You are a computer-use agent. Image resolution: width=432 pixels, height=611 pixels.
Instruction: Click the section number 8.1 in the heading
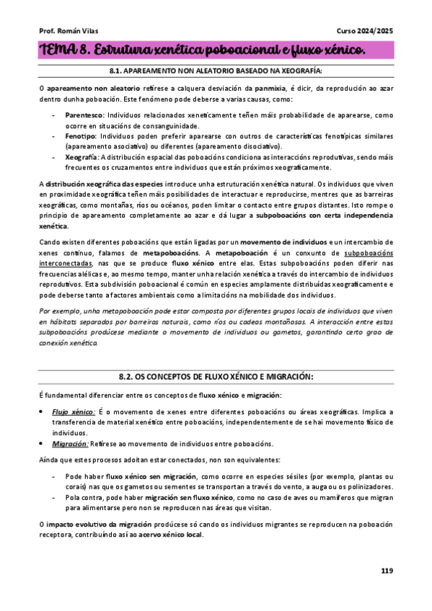[x=115, y=71]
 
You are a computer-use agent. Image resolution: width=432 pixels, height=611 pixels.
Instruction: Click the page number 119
[x=387, y=571]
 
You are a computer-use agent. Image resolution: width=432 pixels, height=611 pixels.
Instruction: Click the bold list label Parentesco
[x=84, y=115]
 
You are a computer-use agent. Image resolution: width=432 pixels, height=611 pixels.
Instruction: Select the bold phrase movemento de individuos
[x=283, y=243]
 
